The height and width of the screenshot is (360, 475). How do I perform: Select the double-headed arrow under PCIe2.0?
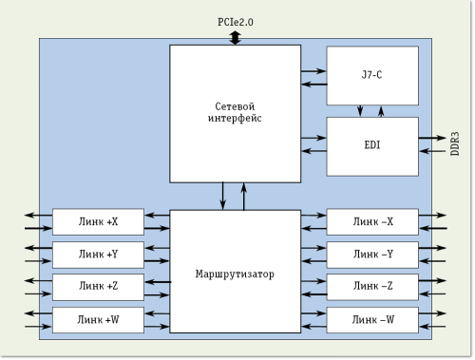(x=236, y=36)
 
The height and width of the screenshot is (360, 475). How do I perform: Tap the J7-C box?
(x=371, y=75)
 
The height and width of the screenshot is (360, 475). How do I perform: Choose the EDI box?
(x=371, y=146)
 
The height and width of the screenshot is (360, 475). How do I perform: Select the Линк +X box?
(x=99, y=222)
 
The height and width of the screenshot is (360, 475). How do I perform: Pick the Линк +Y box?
(x=99, y=254)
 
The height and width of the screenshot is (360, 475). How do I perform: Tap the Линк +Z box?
(x=99, y=287)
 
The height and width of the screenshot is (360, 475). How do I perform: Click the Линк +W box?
(x=99, y=319)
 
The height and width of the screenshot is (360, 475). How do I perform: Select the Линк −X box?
(x=371, y=222)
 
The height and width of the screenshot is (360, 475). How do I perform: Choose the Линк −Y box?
(x=371, y=254)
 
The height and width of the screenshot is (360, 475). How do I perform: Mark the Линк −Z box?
(x=371, y=287)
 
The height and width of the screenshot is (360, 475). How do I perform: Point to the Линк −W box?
(x=371, y=319)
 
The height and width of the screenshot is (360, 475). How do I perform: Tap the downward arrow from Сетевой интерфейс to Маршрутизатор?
(x=224, y=196)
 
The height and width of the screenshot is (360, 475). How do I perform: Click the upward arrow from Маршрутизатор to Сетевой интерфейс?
(x=243, y=196)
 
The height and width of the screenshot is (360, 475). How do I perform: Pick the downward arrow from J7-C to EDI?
(x=361, y=111)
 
